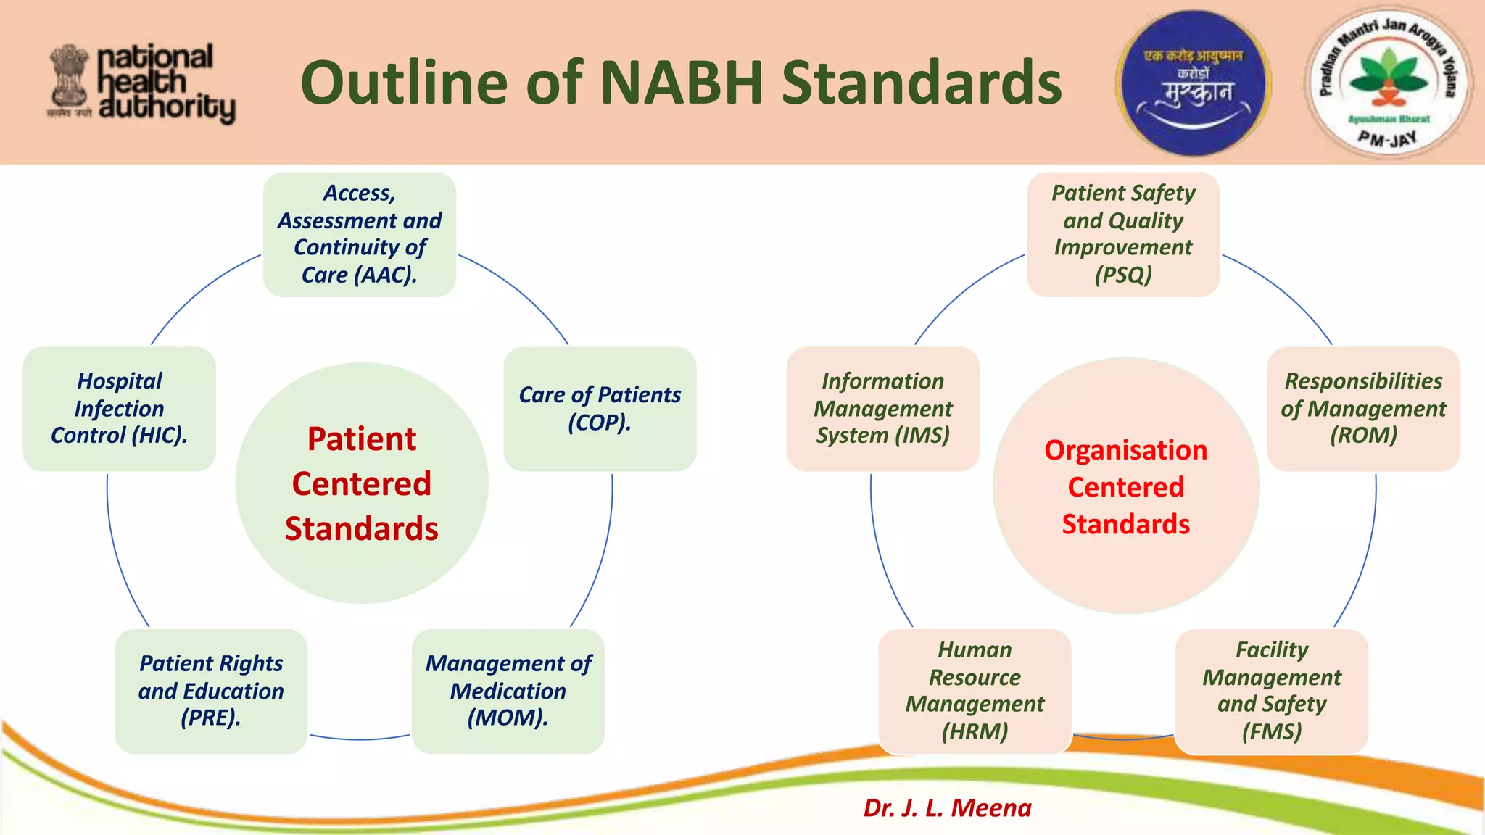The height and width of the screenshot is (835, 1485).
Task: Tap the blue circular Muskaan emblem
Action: (1194, 83)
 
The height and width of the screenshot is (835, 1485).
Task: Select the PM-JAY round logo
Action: (1388, 83)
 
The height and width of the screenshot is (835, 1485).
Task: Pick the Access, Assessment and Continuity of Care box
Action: (360, 234)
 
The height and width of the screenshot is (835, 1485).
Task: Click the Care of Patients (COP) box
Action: (600, 409)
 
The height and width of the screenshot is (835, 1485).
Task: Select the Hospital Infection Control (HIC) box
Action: (120, 409)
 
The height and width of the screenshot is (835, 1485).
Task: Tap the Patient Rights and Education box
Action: (211, 691)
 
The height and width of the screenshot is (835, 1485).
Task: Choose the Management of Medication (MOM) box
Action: (508, 691)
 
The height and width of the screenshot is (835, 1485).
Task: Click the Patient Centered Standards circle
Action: (362, 483)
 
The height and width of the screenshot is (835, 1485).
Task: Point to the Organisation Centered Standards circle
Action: (1125, 486)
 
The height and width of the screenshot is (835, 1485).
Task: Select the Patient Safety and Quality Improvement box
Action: (1123, 234)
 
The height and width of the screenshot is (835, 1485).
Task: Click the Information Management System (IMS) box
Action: (882, 409)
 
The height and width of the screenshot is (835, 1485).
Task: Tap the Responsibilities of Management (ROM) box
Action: (1363, 409)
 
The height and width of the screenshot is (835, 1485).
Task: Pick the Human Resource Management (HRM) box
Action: (975, 691)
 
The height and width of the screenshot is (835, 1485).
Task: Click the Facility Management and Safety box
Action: (1271, 691)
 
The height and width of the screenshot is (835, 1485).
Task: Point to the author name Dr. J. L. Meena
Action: (947, 807)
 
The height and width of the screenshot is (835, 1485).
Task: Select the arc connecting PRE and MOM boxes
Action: (360, 739)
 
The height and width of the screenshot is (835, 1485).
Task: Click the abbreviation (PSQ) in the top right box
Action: (1123, 275)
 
